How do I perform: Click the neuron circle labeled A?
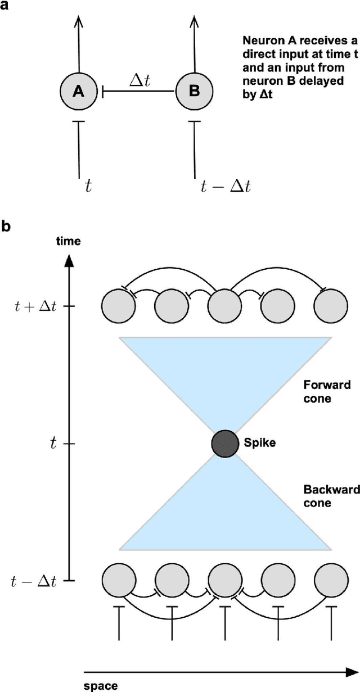click(78, 91)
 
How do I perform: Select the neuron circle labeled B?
click(194, 91)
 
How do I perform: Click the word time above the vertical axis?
click(68, 242)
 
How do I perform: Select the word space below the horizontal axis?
click(101, 685)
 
